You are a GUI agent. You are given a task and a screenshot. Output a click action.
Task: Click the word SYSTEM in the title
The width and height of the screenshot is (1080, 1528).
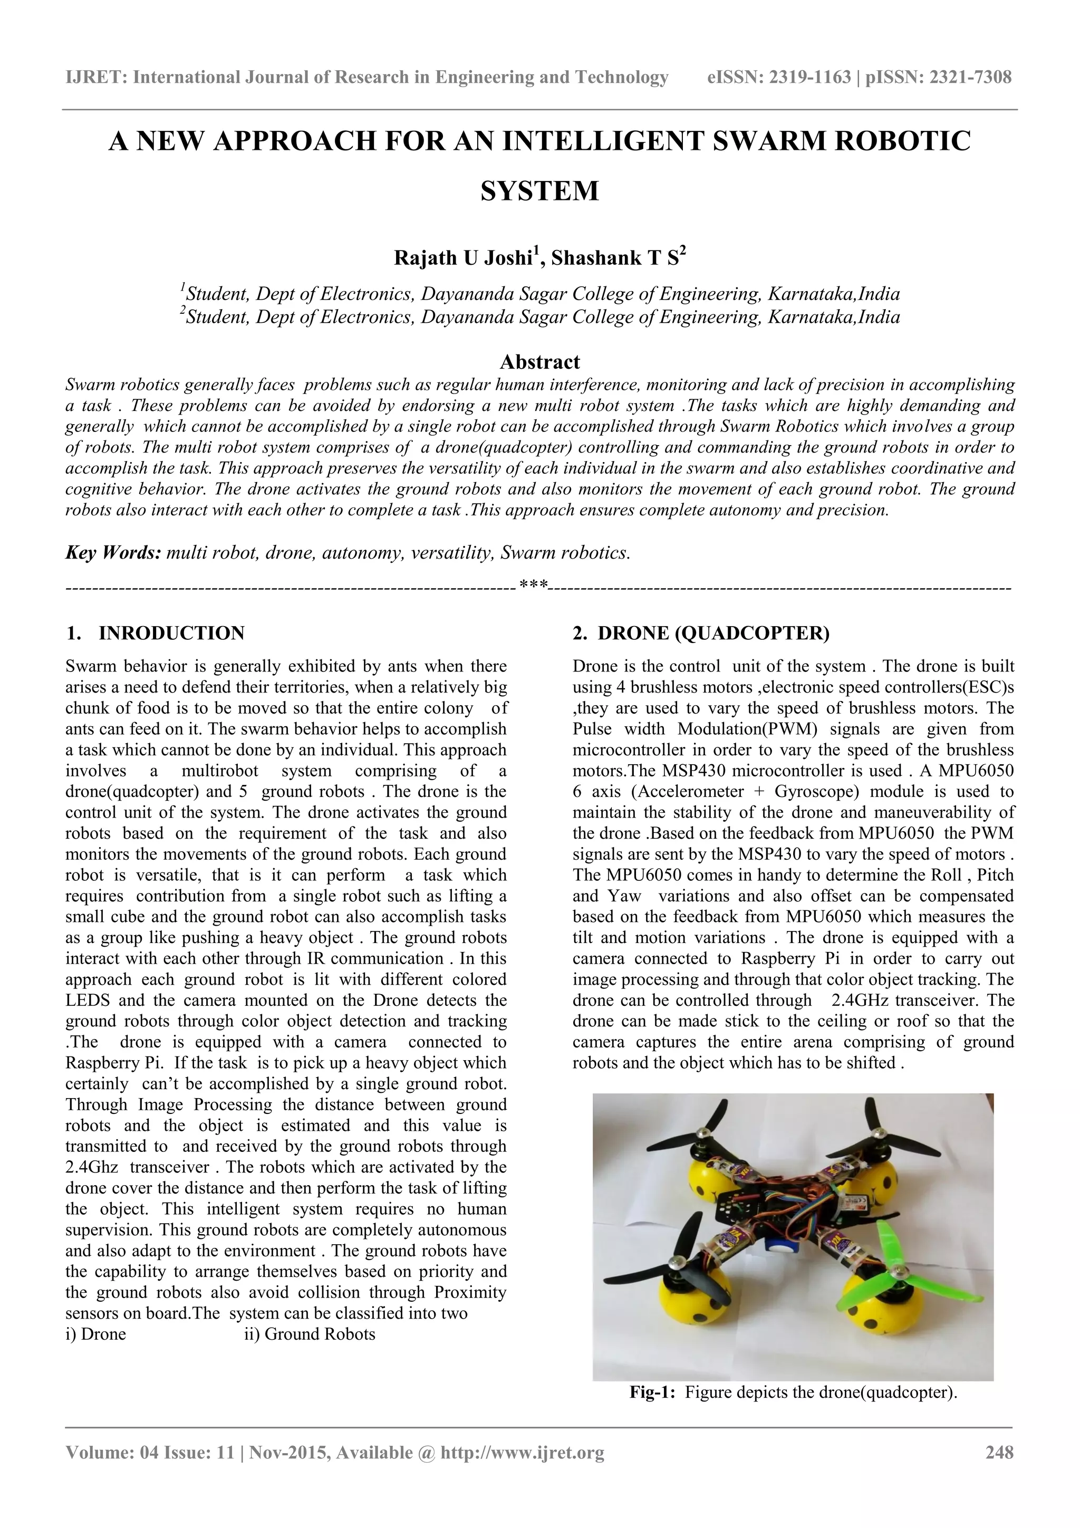(x=539, y=191)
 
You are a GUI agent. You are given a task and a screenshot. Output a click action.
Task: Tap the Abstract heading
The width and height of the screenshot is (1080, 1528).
(x=539, y=362)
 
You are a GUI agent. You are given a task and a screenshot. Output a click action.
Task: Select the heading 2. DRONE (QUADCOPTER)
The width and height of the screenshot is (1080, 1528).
(x=701, y=633)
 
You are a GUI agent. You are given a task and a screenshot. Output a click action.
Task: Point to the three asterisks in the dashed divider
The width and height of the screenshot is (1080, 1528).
(x=534, y=585)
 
